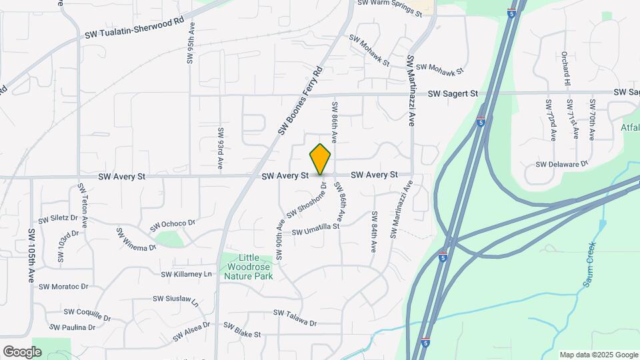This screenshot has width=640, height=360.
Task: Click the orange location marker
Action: coord(321,159)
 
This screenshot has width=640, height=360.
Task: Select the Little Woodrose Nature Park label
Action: coord(249,267)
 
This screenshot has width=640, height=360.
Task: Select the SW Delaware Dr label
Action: coord(563,163)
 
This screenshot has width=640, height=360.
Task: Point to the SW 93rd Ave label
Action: coord(219,148)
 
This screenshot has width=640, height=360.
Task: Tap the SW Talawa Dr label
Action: coord(295,317)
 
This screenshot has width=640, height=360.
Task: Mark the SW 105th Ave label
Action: coord(31,256)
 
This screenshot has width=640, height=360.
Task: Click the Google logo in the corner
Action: coord(22,351)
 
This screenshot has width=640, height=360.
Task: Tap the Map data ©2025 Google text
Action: coord(597,355)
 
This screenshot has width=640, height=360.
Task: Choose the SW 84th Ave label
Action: coord(374,232)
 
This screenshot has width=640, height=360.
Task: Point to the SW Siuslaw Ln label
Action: coord(175,301)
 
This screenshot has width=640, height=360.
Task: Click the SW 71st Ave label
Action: coord(571,119)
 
